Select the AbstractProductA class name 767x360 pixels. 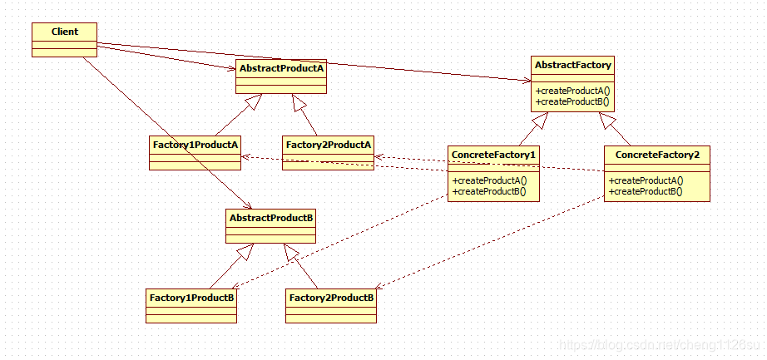280,68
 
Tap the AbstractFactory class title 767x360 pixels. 573,64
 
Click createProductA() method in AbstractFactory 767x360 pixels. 573,91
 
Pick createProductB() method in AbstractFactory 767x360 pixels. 573,101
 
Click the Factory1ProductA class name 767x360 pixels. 195,145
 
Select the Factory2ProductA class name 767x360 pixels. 328,145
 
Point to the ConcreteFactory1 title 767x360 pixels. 493,155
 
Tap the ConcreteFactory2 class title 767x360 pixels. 657,155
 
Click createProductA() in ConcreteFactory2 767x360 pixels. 646,180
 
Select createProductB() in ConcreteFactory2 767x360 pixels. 646,191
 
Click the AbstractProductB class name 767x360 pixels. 270,217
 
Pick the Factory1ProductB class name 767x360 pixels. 191,297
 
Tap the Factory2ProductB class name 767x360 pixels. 330,297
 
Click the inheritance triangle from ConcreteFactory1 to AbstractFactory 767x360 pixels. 542,121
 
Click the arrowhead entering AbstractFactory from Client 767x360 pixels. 525,81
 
